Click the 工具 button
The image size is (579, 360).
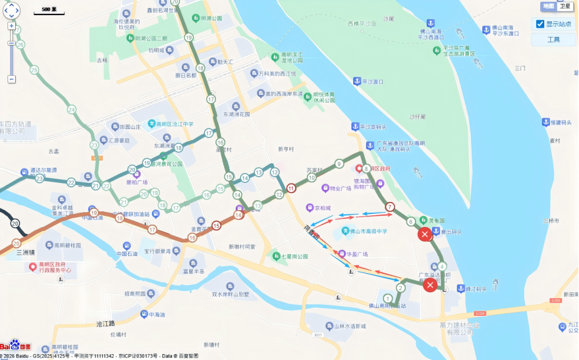click(553, 39)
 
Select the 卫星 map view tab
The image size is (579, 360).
click(564, 6)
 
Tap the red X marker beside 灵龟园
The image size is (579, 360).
click(424, 234)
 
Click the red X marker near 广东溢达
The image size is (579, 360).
click(430, 285)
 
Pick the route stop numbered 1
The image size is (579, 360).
click(387, 299)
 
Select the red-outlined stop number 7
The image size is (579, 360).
click(390, 207)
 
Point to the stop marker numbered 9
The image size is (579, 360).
click(339, 164)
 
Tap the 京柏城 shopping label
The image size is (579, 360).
click(322, 208)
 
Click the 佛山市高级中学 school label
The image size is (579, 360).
click(368, 232)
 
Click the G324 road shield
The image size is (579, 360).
click(479, 313)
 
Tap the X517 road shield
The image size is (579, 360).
click(317, 335)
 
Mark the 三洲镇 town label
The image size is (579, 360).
click(26, 252)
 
